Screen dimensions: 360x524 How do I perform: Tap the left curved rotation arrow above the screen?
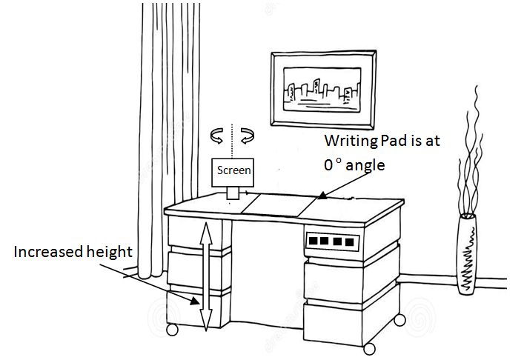click(x=218, y=135)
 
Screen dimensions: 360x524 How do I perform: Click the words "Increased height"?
click(x=73, y=253)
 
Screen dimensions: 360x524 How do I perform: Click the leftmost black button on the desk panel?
click(x=314, y=241)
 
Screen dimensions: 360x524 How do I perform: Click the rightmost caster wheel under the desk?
click(x=400, y=319)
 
